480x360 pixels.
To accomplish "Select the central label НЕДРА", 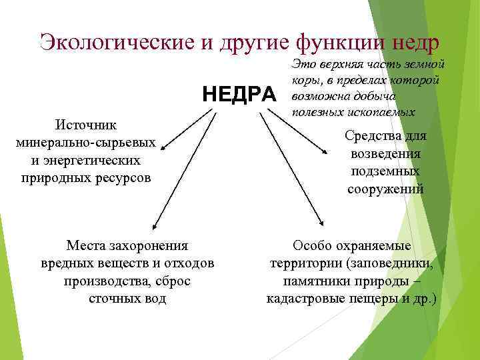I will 239,95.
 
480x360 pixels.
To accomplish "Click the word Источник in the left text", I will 86,125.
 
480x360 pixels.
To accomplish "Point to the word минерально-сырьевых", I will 86,143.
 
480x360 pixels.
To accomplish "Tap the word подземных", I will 385,171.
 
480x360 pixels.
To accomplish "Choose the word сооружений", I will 385,189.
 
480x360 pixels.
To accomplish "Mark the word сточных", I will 113,298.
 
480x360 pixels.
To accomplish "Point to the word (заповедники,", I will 392,263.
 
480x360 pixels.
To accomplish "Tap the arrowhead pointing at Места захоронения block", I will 155,227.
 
